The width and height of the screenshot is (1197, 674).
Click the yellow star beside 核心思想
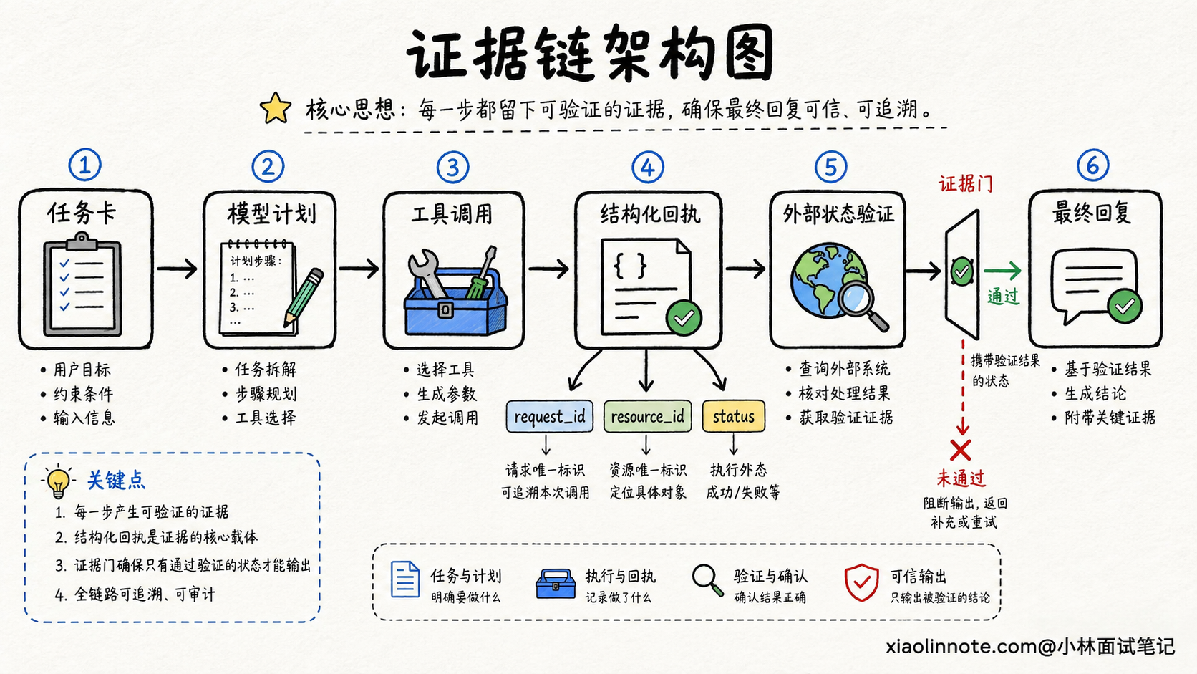[x=276, y=108]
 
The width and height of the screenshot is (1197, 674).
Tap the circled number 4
[x=648, y=168]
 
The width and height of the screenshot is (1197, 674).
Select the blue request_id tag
[x=549, y=416]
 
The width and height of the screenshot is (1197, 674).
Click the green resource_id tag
[x=647, y=416]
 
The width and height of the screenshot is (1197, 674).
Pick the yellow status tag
[x=733, y=416]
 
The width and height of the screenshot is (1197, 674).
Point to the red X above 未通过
[x=960, y=450]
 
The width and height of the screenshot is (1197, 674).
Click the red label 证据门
[x=966, y=184]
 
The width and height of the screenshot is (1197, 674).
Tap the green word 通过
[x=1003, y=296]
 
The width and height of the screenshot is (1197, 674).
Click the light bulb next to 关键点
[x=58, y=481]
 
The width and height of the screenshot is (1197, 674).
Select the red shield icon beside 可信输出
[x=861, y=582]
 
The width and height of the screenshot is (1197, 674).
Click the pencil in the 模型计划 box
[x=304, y=298]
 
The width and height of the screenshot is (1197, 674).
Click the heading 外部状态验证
[x=838, y=214]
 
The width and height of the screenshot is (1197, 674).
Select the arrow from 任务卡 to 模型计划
[x=177, y=269]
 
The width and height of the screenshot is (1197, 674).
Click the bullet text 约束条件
[x=83, y=394]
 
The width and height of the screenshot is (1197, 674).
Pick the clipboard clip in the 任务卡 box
[x=82, y=241]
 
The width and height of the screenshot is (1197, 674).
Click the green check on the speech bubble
[x=1125, y=306]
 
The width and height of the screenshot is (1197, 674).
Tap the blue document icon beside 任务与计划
[x=405, y=579]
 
